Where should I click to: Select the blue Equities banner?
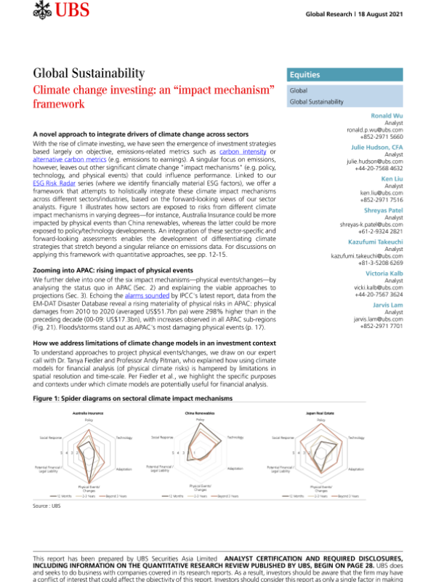point(345,74)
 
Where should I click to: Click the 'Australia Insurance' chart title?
point(88,412)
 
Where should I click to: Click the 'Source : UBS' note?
point(47,504)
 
